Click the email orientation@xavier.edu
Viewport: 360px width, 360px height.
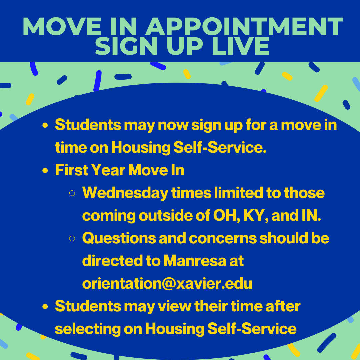point(167,284)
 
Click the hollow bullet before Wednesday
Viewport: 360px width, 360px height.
point(72,193)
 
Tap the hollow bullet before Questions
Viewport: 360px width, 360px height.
point(72,239)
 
